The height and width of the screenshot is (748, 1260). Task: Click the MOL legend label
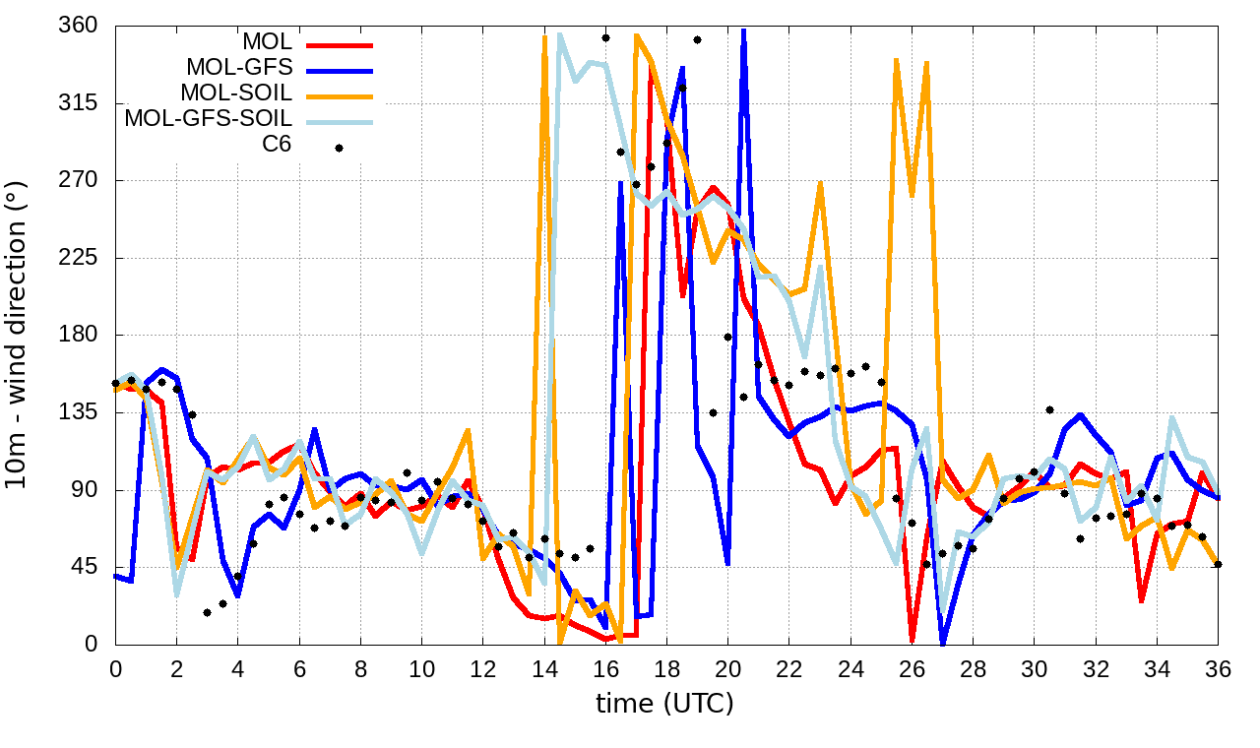coord(267,42)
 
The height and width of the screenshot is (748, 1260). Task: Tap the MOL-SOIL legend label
coord(236,93)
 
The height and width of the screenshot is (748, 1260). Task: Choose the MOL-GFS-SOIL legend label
coord(208,119)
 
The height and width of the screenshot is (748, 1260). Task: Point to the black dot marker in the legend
coord(339,148)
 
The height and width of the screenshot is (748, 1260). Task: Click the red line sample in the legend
coord(339,44)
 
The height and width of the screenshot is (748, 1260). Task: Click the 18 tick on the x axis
coord(666,668)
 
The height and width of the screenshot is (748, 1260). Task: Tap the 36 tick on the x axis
coord(1218,668)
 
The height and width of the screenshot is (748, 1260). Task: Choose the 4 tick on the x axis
coord(237,668)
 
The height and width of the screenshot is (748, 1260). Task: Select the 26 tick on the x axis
coord(912,668)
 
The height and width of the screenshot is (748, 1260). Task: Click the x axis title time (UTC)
coord(665,704)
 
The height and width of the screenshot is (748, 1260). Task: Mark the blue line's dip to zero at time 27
coord(943,644)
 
